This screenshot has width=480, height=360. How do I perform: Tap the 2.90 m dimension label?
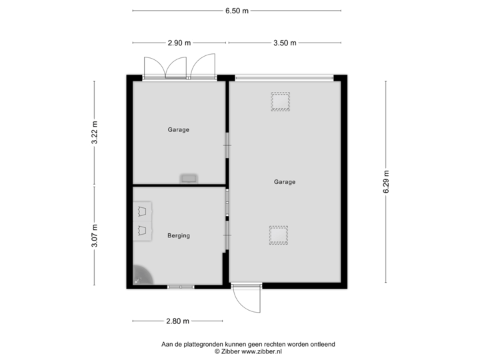[x=179, y=43]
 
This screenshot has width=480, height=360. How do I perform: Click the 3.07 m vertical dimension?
[x=95, y=235]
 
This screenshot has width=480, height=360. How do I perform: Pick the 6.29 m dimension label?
[x=385, y=181]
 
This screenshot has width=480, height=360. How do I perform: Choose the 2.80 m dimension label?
[x=177, y=321]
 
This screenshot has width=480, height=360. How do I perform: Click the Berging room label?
[x=179, y=235]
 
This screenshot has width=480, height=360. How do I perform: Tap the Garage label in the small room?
[x=179, y=130]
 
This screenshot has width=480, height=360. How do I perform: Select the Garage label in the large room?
[x=285, y=181]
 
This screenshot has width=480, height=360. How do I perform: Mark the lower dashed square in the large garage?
[x=279, y=235]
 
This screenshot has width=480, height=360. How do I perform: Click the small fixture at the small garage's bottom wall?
[x=188, y=178]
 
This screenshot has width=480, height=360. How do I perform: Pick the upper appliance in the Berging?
[x=142, y=211]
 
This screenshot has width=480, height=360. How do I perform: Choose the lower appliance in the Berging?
[x=142, y=231]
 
